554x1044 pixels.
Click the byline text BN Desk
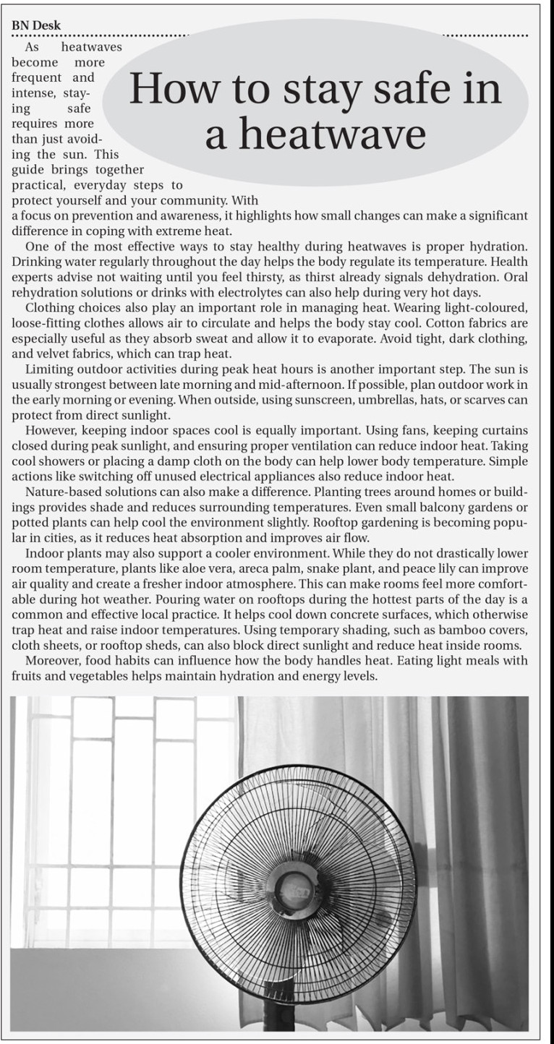36,25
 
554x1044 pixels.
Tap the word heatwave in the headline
315,134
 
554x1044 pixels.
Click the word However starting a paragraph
51,430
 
